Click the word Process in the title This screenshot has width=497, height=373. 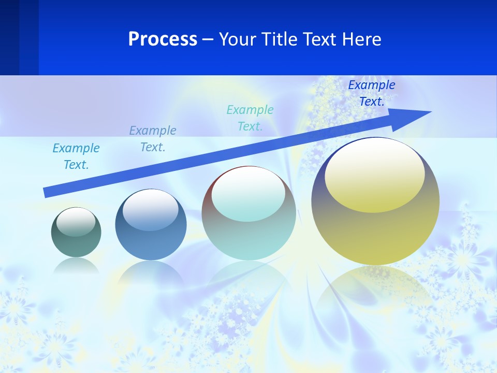(163, 39)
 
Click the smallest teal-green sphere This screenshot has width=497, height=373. (76, 232)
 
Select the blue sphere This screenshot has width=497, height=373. (151, 225)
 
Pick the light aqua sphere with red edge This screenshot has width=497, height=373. (249, 213)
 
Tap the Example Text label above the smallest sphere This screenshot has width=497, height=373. (76, 156)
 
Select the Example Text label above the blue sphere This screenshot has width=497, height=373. (153, 138)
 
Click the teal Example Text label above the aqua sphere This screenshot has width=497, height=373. (250, 118)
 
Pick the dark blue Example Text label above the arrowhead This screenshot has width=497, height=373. (372, 93)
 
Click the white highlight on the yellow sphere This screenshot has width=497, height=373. (374, 175)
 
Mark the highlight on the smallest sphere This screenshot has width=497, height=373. (76, 222)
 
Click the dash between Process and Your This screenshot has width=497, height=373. (208, 39)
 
